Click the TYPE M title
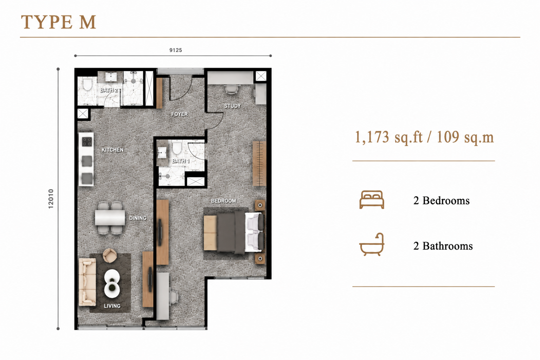(59, 22)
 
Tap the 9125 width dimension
(175, 50)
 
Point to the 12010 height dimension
(51, 199)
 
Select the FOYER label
(179, 114)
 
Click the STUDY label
(232, 106)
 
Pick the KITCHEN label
(112, 150)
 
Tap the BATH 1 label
(181, 161)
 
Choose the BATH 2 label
(109, 90)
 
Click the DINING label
(138, 218)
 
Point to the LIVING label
(112, 306)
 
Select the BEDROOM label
(224, 201)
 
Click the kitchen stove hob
(87, 142)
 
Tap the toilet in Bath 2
(87, 84)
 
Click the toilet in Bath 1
(177, 148)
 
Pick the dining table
(110, 218)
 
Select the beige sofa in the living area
(87, 282)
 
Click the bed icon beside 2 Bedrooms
(372, 200)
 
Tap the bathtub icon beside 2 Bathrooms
(372, 244)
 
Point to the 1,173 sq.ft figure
(388, 137)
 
